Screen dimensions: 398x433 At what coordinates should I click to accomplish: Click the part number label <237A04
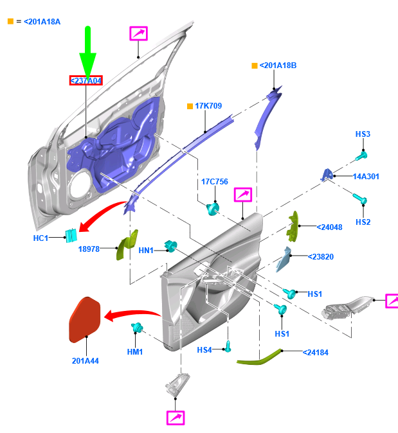click(x=86, y=80)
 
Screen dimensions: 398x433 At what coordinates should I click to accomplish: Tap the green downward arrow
click(x=88, y=53)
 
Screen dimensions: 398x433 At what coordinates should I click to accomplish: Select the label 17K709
click(x=208, y=106)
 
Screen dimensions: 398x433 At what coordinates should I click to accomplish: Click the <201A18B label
click(x=278, y=66)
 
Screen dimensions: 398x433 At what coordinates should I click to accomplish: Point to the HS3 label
click(x=363, y=134)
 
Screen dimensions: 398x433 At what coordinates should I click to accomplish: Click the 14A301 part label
click(x=366, y=177)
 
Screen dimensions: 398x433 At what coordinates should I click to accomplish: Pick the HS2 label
click(x=363, y=222)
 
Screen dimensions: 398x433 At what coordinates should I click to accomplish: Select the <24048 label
click(x=329, y=227)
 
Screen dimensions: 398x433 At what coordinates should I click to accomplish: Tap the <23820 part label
click(x=321, y=257)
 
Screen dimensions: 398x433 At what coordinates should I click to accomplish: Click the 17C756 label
click(x=215, y=182)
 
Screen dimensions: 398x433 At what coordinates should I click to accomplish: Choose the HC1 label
click(x=41, y=238)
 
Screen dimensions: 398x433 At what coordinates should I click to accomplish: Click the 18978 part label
click(x=89, y=249)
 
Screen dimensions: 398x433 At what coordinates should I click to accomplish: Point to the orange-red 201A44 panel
click(x=85, y=320)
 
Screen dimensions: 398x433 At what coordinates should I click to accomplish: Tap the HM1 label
click(x=135, y=352)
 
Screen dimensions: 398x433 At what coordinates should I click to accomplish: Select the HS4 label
click(x=204, y=350)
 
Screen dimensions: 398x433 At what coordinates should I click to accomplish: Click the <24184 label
click(x=316, y=353)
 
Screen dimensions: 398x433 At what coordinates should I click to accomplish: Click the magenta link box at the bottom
click(x=176, y=418)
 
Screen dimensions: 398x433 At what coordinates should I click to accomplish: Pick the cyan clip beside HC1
click(x=71, y=236)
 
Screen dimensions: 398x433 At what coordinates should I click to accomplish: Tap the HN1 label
click(x=146, y=251)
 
